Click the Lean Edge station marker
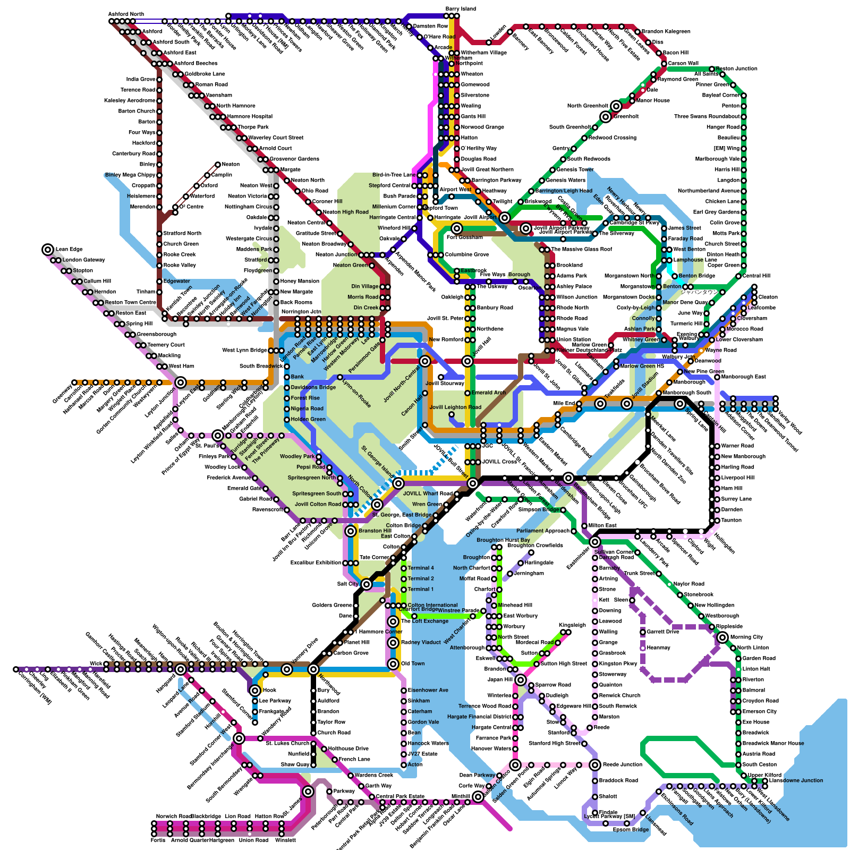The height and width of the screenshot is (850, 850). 48,249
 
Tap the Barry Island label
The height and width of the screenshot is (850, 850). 461,9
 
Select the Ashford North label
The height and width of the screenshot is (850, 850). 126,14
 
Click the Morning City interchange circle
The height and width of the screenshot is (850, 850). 722,637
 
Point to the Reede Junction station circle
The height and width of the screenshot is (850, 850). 595,765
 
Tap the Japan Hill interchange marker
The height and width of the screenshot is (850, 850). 521,680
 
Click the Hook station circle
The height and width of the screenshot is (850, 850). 255,691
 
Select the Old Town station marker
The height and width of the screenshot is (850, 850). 393,664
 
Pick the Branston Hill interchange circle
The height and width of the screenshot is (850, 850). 351,531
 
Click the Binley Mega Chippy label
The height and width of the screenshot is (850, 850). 130,175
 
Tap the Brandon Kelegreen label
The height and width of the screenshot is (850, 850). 666,31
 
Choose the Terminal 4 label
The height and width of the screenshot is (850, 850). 421,568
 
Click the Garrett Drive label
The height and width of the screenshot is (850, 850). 663,632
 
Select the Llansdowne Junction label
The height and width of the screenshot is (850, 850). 796,780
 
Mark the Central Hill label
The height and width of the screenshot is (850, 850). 756,276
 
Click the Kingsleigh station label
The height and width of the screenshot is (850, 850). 572,625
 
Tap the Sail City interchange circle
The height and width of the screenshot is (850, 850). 367,584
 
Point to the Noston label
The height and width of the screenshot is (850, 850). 231,164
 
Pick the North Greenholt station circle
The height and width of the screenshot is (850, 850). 616,106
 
